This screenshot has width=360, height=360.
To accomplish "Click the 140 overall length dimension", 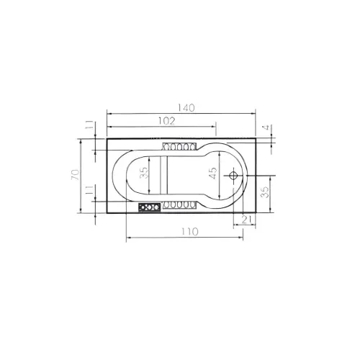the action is [x=186, y=108].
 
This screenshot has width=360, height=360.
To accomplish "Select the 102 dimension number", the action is [x=167, y=121].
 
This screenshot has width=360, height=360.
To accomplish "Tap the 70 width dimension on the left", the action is [x=75, y=175].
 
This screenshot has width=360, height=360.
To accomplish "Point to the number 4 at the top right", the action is [x=267, y=127].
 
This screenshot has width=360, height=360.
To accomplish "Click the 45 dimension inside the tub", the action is [x=213, y=173].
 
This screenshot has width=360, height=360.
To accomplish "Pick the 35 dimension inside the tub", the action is [x=144, y=173].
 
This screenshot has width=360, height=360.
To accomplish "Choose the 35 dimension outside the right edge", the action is [x=265, y=192].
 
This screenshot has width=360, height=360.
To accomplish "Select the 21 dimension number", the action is [x=246, y=220].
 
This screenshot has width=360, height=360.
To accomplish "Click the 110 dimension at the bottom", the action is [x=190, y=232].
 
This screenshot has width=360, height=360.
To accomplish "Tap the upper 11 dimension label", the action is [x=89, y=125].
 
